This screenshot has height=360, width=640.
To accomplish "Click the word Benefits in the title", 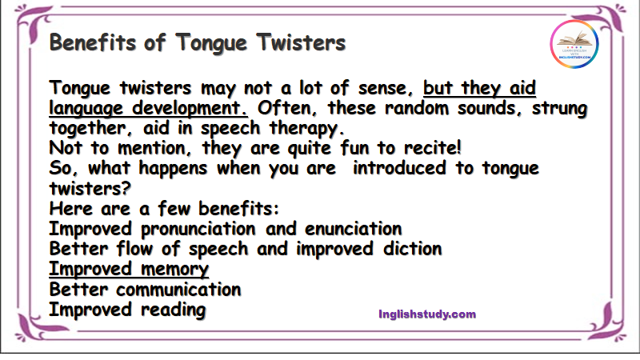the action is tap(92, 42).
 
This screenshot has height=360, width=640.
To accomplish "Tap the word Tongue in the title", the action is tap(211, 43).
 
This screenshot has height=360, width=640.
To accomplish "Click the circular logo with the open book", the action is tap(574, 44).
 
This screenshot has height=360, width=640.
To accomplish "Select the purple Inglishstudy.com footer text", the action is tap(427, 314).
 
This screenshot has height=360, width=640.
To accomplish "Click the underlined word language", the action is tap(86, 109).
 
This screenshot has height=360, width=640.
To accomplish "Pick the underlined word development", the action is tap(190, 109).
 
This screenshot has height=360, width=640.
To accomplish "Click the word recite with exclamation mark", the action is tap(432, 148).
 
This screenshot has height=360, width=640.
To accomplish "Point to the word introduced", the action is tap(398, 168).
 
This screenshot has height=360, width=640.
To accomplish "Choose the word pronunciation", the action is tap(198, 229).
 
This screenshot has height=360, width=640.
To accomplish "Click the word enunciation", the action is tap(353, 229).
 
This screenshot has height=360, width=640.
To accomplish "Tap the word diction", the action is tap(412, 249).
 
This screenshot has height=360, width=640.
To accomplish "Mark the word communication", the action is tap(178, 290).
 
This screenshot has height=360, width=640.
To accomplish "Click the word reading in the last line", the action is tap(173, 310).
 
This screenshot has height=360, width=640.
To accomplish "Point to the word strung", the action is tap(559, 109).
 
